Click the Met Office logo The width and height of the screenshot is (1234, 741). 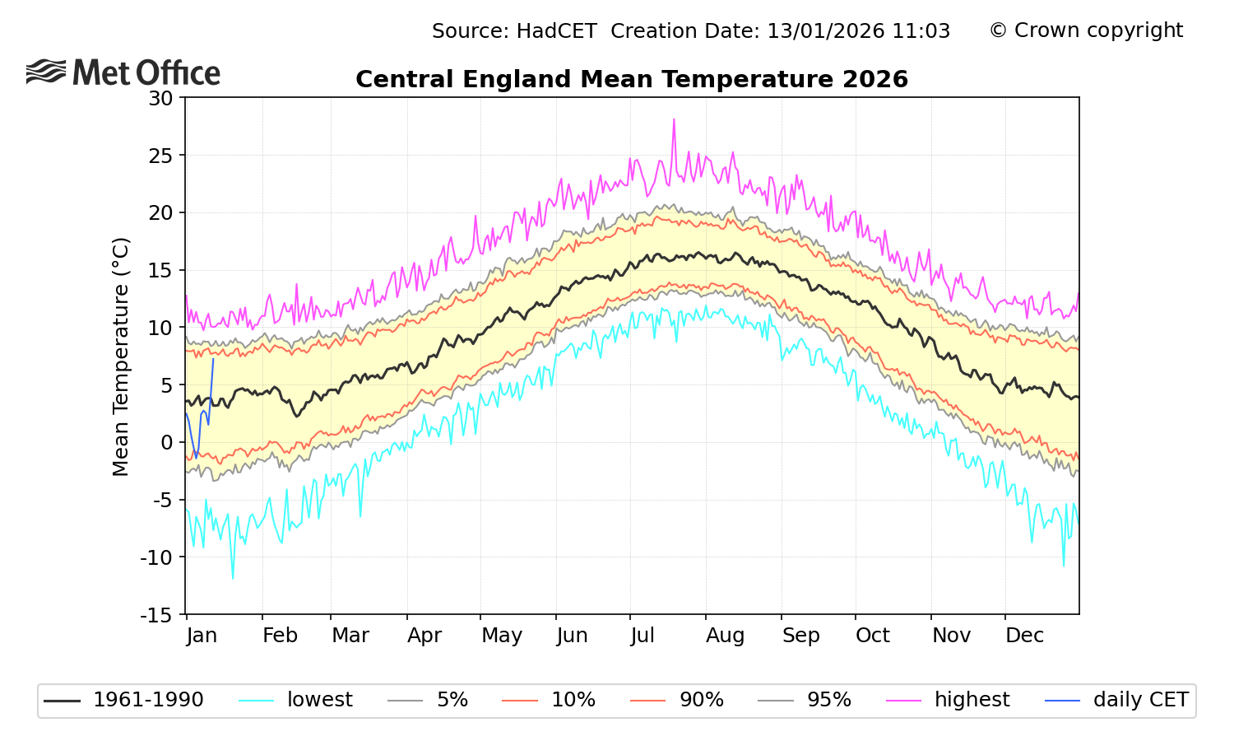click(123, 72)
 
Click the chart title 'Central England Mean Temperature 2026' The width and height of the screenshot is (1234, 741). click(631, 80)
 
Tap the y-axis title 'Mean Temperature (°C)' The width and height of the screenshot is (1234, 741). click(121, 357)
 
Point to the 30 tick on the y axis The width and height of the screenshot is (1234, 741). click(161, 98)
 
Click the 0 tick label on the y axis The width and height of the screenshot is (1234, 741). click(167, 443)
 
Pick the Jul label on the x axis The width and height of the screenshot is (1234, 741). click(642, 636)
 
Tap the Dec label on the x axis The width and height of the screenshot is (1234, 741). click(1024, 636)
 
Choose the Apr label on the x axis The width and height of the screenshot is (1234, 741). click(424, 636)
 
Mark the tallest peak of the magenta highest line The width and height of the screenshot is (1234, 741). click(674, 119)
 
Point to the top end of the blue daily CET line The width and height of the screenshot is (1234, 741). click(213, 359)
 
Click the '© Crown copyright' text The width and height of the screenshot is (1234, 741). click(1086, 30)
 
